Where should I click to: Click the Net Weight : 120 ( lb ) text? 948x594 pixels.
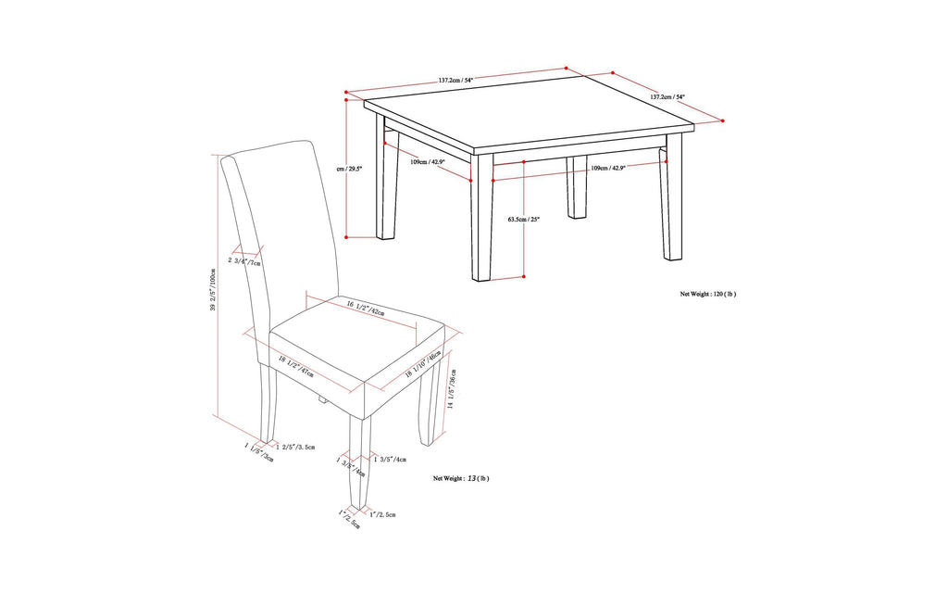tap(707, 294)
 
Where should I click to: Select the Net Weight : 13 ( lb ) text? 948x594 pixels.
tap(461, 478)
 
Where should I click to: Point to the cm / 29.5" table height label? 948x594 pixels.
tap(356, 169)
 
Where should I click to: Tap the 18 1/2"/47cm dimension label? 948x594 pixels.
tap(294, 367)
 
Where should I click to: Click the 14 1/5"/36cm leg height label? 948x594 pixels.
tap(451, 388)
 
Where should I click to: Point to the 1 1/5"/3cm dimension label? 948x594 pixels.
tap(258, 453)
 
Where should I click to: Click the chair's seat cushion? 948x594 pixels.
tap(352, 352)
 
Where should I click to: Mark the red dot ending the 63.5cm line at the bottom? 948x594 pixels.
tap(523, 276)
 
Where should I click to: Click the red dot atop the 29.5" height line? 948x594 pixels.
tap(345, 93)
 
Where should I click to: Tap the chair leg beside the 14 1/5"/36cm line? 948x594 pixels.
tap(429, 398)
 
